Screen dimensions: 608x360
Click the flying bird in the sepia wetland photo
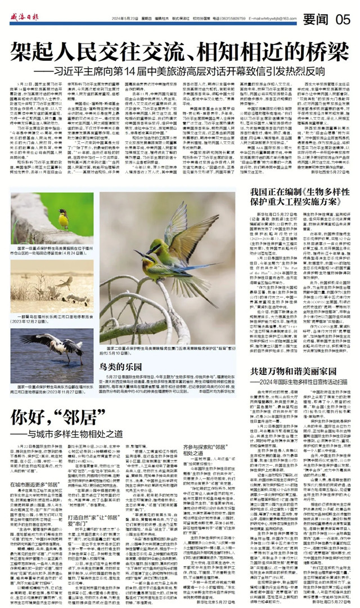point(65,282)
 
